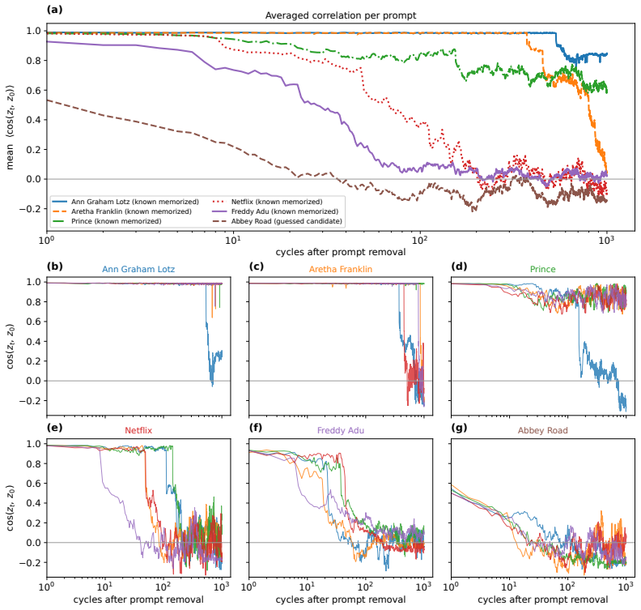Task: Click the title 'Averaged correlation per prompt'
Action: click(341, 15)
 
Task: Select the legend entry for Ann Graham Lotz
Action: click(125, 202)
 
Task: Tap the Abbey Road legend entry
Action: click(278, 221)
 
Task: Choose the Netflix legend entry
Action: click(268, 202)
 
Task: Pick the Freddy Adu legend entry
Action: click(275, 211)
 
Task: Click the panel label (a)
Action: click(55, 10)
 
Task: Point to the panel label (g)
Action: click(459, 428)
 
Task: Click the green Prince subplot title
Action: click(542, 269)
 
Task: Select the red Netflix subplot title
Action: click(138, 430)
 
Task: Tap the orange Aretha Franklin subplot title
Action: click(341, 269)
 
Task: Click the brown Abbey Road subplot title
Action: click(542, 430)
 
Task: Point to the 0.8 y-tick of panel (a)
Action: click(34, 61)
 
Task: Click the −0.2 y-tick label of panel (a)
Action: click(30, 209)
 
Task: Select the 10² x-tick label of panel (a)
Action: click(420, 240)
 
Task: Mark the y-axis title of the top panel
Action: click(11, 127)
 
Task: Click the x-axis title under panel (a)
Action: click(341, 252)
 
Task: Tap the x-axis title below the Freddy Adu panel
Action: click(341, 599)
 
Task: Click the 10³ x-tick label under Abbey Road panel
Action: click(626, 587)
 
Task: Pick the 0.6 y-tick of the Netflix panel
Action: click(34, 484)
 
